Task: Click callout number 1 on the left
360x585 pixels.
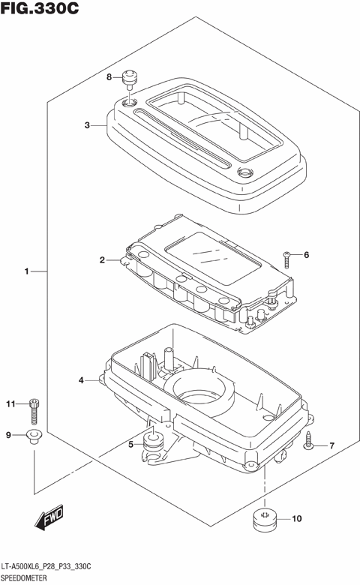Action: point(26,271)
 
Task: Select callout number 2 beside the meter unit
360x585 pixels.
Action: point(101,261)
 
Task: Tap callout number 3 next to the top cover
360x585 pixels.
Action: point(87,125)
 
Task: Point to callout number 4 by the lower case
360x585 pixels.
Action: point(81,381)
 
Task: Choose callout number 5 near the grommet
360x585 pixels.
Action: point(130,445)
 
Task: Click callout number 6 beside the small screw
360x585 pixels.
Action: point(305,255)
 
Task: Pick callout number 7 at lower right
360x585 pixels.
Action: point(331,446)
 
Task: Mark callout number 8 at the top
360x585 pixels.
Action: point(109,77)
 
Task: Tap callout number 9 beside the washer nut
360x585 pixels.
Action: point(9,435)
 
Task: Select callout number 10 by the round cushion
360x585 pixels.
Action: point(296,517)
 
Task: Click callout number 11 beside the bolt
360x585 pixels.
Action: point(10,405)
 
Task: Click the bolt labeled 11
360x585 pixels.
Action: point(33,409)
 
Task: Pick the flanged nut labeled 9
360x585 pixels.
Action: point(32,436)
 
